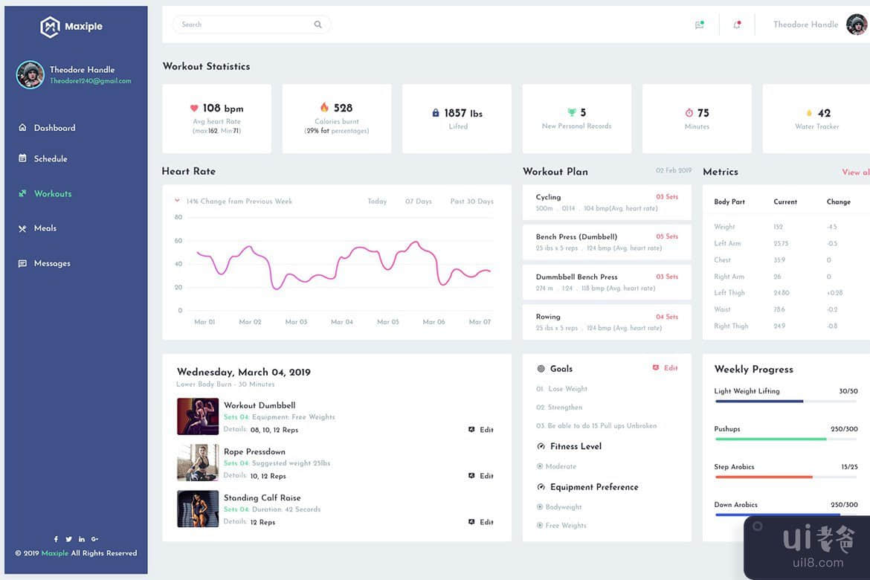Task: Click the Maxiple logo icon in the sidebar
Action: [x=49, y=27]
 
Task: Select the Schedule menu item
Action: [x=51, y=158]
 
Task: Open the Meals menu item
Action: [x=45, y=228]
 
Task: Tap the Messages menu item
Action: [x=52, y=263]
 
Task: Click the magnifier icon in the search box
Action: [x=318, y=25]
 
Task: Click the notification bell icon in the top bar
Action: [x=737, y=25]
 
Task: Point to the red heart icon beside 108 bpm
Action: [x=194, y=108]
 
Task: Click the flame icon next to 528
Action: [x=324, y=108]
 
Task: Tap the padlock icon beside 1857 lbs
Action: [x=436, y=113]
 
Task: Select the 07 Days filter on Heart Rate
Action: [x=419, y=202]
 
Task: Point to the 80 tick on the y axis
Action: [x=178, y=217]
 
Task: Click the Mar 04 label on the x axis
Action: [x=342, y=322]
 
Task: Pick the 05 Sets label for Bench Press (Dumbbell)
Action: [x=667, y=236]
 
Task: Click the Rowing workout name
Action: [x=548, y=317]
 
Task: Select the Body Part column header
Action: [x=729, y=202]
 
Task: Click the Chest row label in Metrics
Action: [x=723, y=260]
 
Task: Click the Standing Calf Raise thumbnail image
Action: [x=198, y=509]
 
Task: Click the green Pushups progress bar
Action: [x=770, y=439]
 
